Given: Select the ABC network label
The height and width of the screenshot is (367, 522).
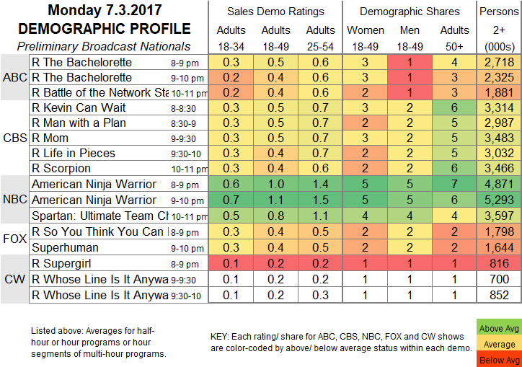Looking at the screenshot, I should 14,77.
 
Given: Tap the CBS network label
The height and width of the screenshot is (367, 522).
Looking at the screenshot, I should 14,138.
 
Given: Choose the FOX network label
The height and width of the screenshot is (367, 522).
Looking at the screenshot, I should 14,236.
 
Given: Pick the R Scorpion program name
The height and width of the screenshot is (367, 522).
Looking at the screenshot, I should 67,168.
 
